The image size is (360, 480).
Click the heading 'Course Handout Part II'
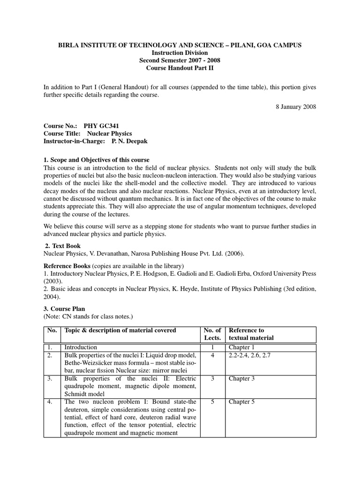[x=180, y=68]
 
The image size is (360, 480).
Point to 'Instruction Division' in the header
[x=180, y=53]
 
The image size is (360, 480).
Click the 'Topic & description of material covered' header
[x=120, y=330]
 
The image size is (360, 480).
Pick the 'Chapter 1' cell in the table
[x=242, y=347]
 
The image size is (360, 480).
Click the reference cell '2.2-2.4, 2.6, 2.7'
[x=249, y=355]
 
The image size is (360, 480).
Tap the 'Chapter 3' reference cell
[x=242, y=379]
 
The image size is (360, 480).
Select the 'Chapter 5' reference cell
[x=242, y=402]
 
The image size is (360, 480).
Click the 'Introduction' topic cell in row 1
[x=81, y=347]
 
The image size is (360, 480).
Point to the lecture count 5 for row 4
[x=213, y=402]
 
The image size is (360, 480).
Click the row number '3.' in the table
[x=50, y=379]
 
